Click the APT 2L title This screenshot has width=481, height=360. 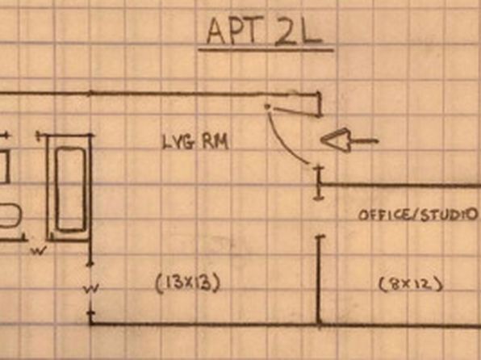click(x=265, y=31)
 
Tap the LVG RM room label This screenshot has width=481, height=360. click(x=195, y=142)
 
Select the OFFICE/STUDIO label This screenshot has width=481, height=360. click(x=418, y=215)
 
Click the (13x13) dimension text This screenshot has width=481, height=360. click(x=188, y=283)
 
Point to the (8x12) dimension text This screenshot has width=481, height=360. click(x=411, y=284)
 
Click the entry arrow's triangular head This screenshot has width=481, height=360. click(x=335, y=140)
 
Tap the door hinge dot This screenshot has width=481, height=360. click(x=267, y=107)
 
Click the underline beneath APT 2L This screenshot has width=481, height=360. click(x=266, y=49)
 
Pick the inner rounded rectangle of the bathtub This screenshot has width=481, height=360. click(x=70, y=189)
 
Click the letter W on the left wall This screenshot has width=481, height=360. click(x=91, y=288)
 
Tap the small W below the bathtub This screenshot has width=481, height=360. click(x=39, y=250)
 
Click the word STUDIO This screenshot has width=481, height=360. click(x=449, y=215)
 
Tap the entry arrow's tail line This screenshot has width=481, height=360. click(x=364, y=141)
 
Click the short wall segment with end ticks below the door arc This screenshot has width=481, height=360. click(x=319, y=183)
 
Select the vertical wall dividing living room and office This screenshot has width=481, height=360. click(x=319, y=280)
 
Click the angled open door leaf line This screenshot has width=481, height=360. click(x=296, y=111)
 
